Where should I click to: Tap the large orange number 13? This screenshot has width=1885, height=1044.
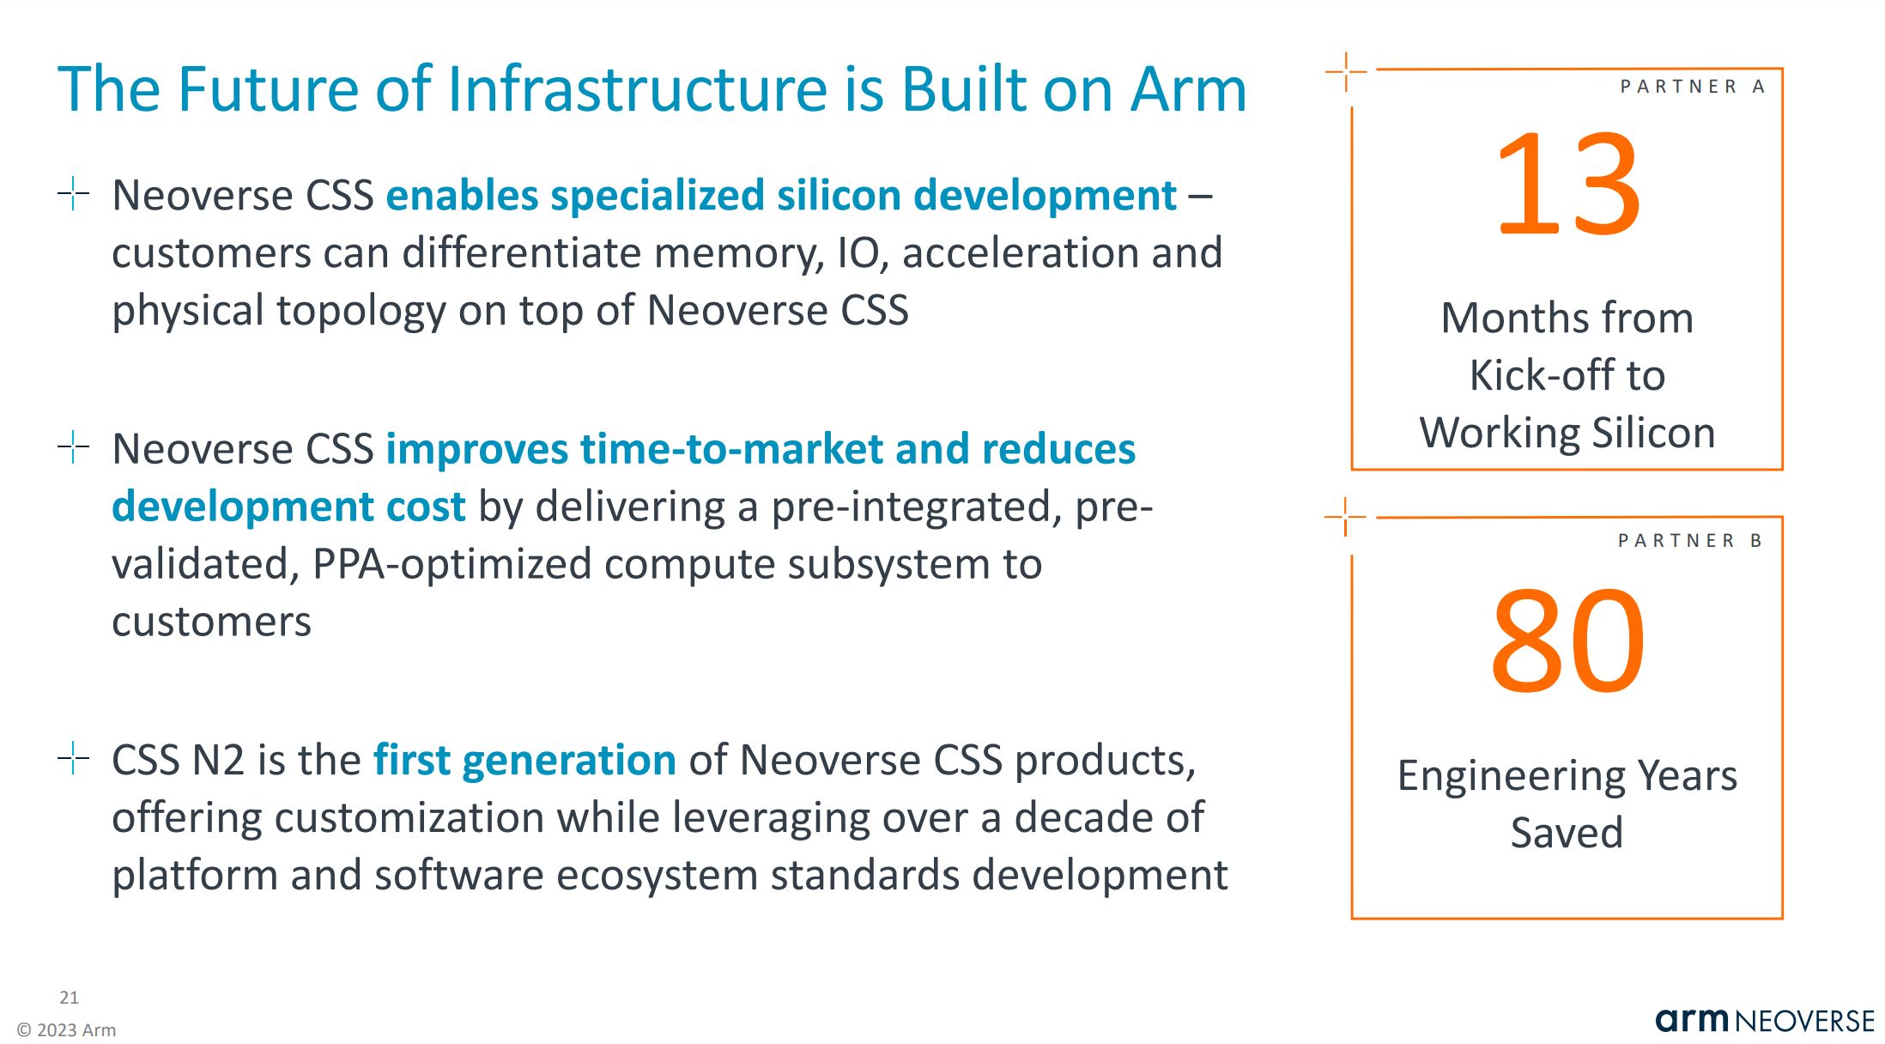click(x=1567, y=184)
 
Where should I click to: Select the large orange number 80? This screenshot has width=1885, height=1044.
click(x=1567, y=640)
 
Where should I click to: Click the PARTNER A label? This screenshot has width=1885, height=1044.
click(x=1692, y=87)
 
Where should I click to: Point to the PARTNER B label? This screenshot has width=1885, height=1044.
click(x=1690, y=541)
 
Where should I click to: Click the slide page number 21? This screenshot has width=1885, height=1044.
click(x=69, y=998)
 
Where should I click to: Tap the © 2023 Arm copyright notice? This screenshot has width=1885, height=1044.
click(x=67, y=1029)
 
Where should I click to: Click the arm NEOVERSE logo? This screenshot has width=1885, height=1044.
click(x=1764, y=1020)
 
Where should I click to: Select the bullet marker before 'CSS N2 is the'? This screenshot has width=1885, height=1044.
click(x=74, y=758)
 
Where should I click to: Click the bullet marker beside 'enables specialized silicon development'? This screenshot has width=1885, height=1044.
click(x=74, y=193)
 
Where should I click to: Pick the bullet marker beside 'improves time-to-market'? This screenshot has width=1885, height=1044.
click(x=74, y=446)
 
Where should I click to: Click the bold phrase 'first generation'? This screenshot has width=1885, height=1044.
click(x=524, y=761)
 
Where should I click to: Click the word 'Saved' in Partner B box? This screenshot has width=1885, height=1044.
click(x=1567, y=833)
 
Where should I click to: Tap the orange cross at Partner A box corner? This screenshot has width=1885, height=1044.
click(x=1346, y=71)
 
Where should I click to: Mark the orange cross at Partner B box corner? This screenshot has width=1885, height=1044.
click(x=1345, y=517)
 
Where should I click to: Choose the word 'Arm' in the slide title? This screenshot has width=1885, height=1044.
click(x=1188, y=89)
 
